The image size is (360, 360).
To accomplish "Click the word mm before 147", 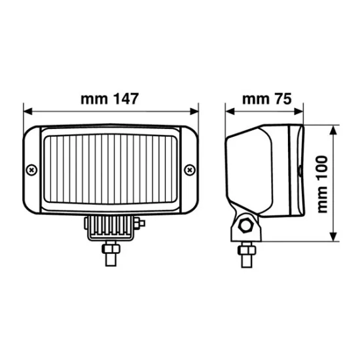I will (94, 100).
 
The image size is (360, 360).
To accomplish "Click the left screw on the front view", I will (31, 170).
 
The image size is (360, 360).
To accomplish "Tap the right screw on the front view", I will (190, 170).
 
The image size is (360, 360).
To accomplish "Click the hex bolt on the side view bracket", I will (247, 226).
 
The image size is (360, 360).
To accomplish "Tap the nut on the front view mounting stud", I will (110, 249).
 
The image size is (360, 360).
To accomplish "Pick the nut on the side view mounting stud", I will (247, 250).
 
